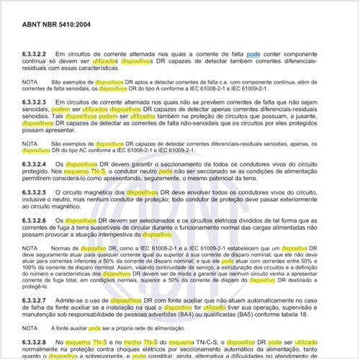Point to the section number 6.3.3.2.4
tap(36, 164)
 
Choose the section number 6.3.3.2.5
tap(36, 193)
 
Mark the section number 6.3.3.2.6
tap(36, 220)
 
